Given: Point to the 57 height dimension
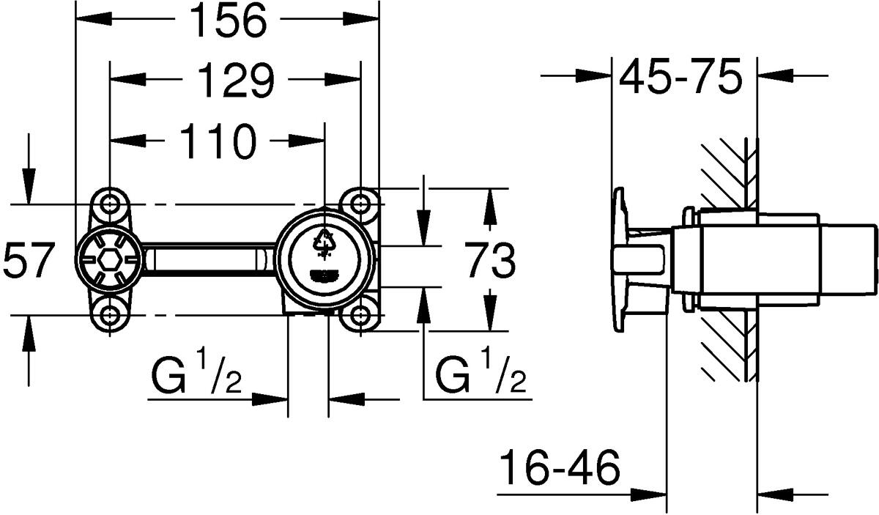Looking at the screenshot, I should (x=29, y=261).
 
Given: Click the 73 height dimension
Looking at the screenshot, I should (x=490, y=262).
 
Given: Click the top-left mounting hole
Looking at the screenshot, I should (x=109, y=202).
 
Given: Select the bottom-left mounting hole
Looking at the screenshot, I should (x=109, y=316).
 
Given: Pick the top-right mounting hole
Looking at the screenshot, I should (x=360, y=202).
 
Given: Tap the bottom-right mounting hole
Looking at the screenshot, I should (x=360, y=316).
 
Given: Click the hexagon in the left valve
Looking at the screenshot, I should (x=109, y=260).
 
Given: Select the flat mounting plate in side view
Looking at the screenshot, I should (x=620, y=259).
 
